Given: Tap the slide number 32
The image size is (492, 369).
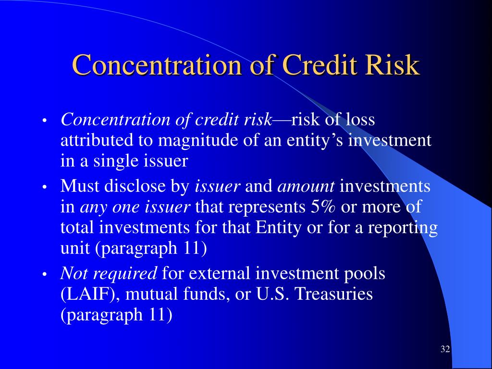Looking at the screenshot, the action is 445,349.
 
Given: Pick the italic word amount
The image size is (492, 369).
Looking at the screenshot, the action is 306,186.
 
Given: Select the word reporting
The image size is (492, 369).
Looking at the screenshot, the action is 403,228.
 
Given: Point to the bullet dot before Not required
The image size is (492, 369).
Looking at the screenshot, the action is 45,274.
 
